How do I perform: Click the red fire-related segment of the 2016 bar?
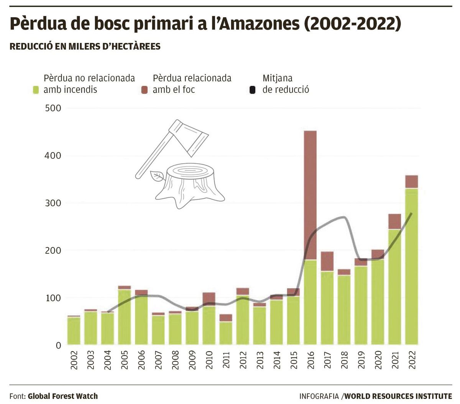(310, 195)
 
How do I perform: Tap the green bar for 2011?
(226, 333)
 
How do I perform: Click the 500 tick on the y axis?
(53, 108)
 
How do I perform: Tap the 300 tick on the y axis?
(53, 203)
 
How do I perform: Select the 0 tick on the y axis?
(58, 345)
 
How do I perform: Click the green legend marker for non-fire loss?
(36, 90)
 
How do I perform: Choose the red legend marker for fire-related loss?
(145, 90)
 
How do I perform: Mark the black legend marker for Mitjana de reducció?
(252, 90)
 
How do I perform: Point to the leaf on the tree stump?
(157, 176)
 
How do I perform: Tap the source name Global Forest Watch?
(62, 396)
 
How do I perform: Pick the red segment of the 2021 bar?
(394, 222)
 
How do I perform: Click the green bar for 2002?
(74, 331)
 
